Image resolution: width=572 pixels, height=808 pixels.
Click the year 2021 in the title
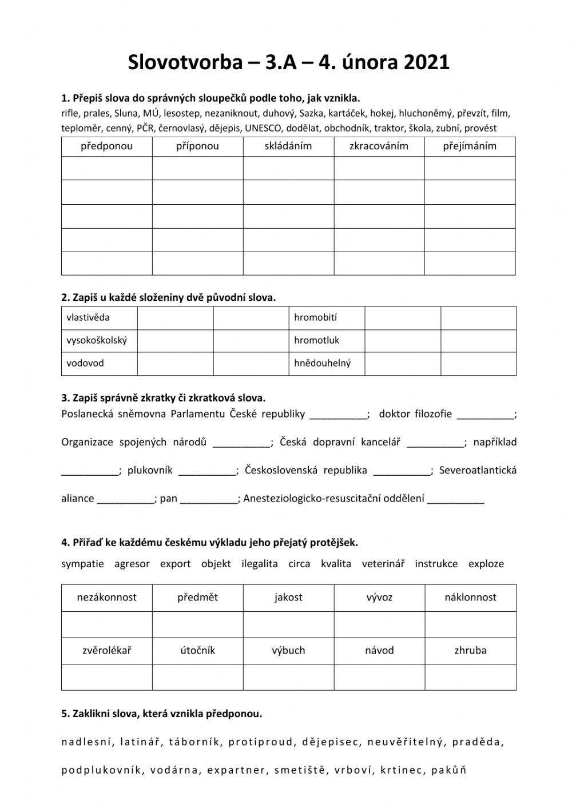tap(426, 62)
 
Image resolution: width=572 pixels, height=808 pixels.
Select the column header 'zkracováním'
tap(379, 146)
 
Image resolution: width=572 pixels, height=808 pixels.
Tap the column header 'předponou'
tap(106, 146)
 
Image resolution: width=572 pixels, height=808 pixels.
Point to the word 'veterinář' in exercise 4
tap(383, 564)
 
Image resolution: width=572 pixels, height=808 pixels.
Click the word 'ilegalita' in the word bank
tap(259, 564)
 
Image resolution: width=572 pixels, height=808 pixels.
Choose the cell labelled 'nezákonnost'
tap(107, 597)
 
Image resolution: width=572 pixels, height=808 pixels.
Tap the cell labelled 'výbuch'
tap(288, 650)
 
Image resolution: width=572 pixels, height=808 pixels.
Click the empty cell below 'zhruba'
tap(470, 676)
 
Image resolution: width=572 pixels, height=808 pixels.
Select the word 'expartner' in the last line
tap(237, 770)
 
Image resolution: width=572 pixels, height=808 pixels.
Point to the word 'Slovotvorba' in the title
tap(185, 62)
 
